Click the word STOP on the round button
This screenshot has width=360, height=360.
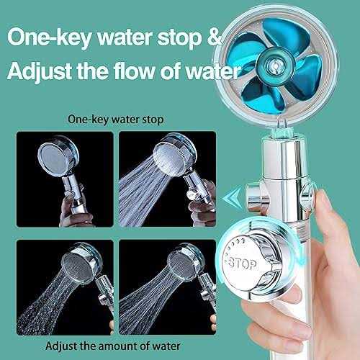(243, 264)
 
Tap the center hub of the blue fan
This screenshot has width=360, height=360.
(276, 64)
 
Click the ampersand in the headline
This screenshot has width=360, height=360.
(214, 37)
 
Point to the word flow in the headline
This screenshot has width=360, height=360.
(134, 71)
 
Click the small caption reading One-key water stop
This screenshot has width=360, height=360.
(116, 120)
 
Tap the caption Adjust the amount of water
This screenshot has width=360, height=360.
(113, 346)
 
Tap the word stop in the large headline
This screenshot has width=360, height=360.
(179, 39)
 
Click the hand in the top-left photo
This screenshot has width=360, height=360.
(74, 211)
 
